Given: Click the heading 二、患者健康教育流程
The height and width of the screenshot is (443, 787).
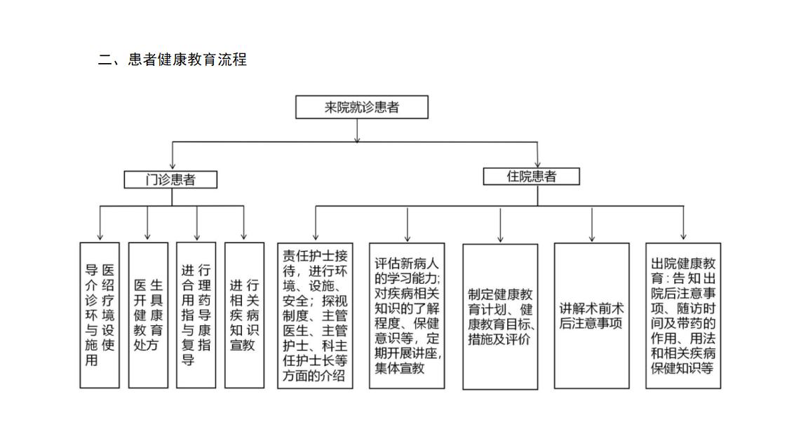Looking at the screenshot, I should [x=173, y=60].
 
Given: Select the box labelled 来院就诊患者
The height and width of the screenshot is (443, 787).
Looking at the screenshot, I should [x=361, y=107].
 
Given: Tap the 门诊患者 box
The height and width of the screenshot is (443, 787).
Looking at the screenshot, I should [x=170, y=179].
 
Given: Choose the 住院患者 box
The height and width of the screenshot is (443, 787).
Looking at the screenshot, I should [x=531, y=176].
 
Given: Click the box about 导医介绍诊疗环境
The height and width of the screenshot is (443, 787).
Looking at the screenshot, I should [x=100, y=315].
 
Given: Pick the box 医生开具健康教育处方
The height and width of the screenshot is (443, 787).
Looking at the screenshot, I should [x=148, y=315].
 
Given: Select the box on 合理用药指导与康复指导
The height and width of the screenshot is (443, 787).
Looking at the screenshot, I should [x=196, y=315].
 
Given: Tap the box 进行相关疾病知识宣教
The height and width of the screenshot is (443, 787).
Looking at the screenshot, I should [x=244, y=315].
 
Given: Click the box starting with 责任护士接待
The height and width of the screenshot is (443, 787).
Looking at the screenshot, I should [x=314, y=315].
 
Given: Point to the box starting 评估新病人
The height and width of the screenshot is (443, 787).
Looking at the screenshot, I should [x=407, y=315].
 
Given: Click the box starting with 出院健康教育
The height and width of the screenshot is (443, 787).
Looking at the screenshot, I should [x=682, y=315].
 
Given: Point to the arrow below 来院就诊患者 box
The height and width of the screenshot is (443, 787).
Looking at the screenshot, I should [x=357, y=131].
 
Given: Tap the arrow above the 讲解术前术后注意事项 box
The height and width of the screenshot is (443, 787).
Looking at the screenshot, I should [x=592, y=224].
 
